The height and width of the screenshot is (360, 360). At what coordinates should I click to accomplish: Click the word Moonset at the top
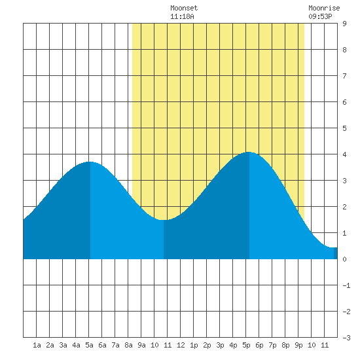[x=184, y=8]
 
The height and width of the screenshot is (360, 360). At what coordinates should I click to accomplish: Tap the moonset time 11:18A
[x=182, y=16]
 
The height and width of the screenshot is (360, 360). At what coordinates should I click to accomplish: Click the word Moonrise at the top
[x=324, y=8]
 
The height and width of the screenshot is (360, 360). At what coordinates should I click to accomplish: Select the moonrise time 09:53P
[x=320, y=16]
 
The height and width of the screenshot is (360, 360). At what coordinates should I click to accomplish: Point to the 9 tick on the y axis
[x=344, y=24]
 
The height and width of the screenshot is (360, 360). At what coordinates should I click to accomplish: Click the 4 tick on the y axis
[x=344, y=154]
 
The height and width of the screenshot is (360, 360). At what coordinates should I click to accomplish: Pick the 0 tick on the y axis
[x=344, y=259]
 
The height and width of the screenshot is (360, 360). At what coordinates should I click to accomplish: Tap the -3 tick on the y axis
[x=346, y=338]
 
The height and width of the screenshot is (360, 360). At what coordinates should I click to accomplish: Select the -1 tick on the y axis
[x=346, y=285]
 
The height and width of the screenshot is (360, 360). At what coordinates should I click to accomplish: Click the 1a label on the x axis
[x=37, y=345]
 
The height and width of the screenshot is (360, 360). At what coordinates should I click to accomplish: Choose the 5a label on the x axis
[x=89, y=345]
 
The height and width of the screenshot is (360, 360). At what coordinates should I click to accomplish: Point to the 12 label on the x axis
[x=181, y=345]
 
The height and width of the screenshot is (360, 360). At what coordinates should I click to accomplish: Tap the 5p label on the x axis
[x=246, y=345]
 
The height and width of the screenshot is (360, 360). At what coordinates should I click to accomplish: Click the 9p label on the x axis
[x=298, y=345]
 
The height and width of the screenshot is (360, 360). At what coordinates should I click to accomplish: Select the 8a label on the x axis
[x=128, y=345]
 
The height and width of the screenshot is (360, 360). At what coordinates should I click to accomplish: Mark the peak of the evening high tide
[x=249, y=152]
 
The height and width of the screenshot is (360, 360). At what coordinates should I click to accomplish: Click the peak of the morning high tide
[x=90, y=162]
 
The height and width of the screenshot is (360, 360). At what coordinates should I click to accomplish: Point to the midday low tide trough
[x=164, y=220]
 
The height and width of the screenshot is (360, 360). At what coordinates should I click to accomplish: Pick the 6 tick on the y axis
[x=344, y=102]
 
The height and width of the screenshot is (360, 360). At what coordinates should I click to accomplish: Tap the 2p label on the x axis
[x=207, y=345]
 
